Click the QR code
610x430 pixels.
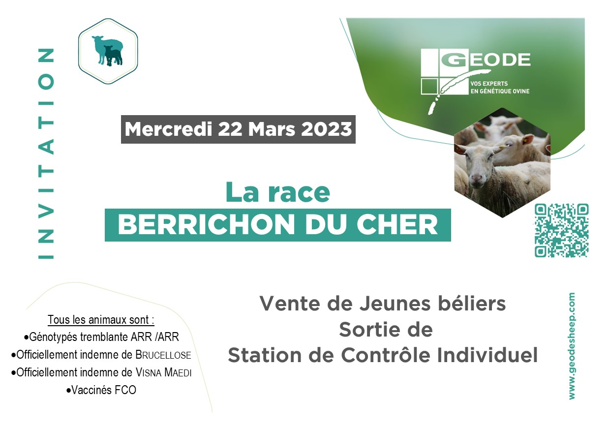[x=561, y=230]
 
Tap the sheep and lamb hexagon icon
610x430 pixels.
[x=108, y=51]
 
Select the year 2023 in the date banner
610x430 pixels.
[x=327, y=129]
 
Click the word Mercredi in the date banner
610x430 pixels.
[x=168, y=129]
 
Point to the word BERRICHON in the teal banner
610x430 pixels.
[x=206, y=225]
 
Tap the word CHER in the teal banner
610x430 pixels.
[x=397, y=225]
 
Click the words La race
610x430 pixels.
[x=278, y=192]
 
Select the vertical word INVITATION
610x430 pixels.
[x=46, y=154]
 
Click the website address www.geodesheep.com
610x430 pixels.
[x=572, y=346]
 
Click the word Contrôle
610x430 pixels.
[x=386, y=355]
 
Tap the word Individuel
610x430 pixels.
[x=488, y=355]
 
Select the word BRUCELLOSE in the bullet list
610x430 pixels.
[x=163, y=355]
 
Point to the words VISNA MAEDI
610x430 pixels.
[x=164, y=372]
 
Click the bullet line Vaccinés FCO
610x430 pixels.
[x=101, y=390]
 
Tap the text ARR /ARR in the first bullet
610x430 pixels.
[x=155, y=337]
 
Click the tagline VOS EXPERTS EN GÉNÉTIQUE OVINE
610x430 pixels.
[x=500, y=88]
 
